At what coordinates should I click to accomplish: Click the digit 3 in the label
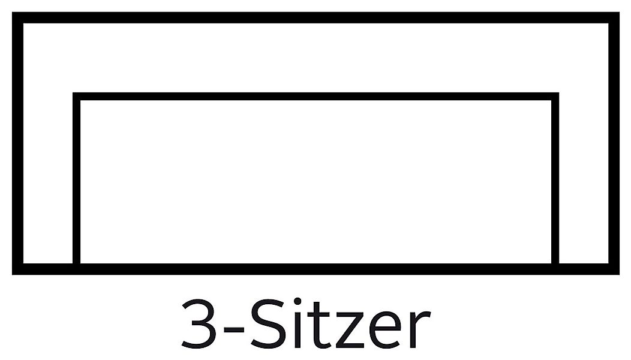pyautogui.click(x=198, y=323)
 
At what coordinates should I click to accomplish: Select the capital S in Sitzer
pyautogui.click(x=268, y=323)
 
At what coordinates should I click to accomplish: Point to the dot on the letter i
pyautogui.click(x=298, y=301)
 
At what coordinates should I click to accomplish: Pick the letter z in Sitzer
pyautogui.click(x=350, y=330)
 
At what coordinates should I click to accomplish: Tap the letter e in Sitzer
pyautogui.click(x=385, y=330)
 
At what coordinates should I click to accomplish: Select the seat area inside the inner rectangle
pyautogui.click(x=315, y=182)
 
